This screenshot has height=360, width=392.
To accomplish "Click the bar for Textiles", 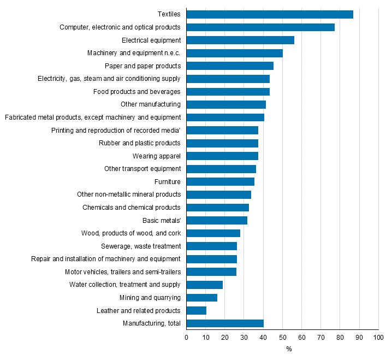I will point(270,14).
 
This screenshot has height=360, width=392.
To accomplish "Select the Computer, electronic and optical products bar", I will point(260,27).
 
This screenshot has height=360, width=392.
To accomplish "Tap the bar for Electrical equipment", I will point(240,40).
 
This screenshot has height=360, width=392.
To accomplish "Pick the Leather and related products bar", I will point(197,310).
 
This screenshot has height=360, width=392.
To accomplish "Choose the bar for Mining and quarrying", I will point(202,298).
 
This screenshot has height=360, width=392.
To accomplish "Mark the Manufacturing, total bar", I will point(225,323).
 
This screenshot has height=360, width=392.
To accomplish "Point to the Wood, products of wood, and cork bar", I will point(213,233).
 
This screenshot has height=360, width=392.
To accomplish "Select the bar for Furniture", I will point(221,181).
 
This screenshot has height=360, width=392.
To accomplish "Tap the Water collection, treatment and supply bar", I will point(205,285).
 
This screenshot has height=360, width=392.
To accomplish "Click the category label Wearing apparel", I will point(156,156).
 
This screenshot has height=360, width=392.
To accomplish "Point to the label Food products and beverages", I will point(136,92).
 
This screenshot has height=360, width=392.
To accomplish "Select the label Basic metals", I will point(162,221).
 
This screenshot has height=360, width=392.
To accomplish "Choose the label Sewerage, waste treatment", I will point(141,246).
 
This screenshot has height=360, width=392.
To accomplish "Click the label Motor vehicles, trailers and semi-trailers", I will point(122,272).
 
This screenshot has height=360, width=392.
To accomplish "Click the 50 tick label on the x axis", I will point(282,338).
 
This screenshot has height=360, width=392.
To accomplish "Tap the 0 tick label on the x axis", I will point(187,338).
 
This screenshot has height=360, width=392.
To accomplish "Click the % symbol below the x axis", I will point(289,350).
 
